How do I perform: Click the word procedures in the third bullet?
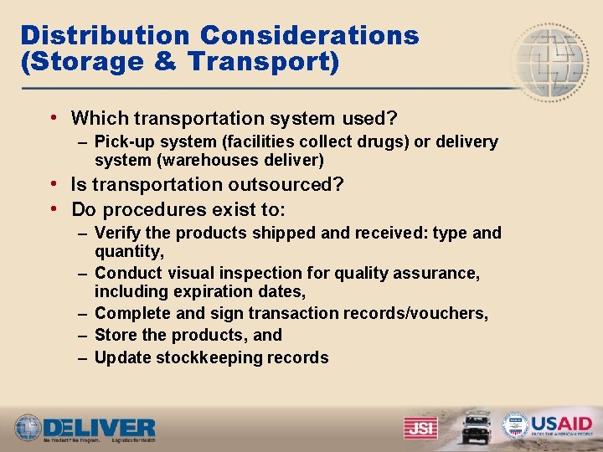[x=157, y=209]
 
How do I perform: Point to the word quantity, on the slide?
[x=129, y=251]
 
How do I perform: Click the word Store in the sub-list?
[x=115, y=335]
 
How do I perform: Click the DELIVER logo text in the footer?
[x=100, y=425]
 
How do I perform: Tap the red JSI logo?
[x=420, y=427]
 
